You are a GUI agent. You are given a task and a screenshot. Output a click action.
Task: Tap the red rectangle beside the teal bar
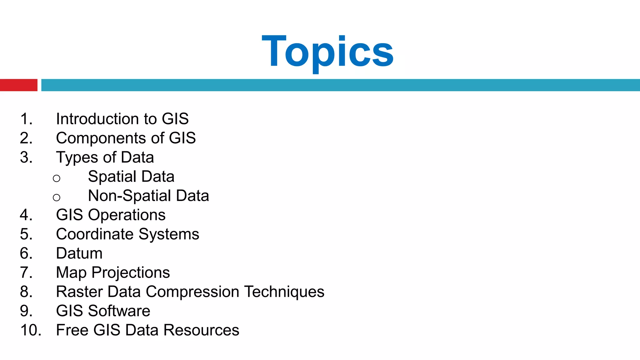(x=18, y=85)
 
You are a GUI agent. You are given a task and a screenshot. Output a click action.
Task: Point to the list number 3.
(x=26, y=157)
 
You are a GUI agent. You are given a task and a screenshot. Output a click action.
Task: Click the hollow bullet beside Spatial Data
(x=57, y=178)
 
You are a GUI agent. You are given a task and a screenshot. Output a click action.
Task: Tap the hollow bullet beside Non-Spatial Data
(x=57, y=197)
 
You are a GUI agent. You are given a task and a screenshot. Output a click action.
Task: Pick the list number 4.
(x=26, y=215)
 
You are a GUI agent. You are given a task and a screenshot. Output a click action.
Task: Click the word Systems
(x=169, y=234)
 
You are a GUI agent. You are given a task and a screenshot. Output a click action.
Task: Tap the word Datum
(x=79, y=253)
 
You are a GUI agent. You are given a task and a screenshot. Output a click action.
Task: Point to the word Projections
(x=131, y=272)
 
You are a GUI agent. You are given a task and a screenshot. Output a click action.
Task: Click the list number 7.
(x=26, y=272)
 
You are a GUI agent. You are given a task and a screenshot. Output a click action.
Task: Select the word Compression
(x=192, y=292)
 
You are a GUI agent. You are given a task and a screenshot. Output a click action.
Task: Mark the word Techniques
(x=284, y=292)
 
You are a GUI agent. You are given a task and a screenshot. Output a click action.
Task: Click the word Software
(x=119, y=311)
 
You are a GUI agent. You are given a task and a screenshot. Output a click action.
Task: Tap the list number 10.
(x=30, y=330)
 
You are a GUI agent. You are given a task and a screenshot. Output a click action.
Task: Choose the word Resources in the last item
(x=201, y=330)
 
